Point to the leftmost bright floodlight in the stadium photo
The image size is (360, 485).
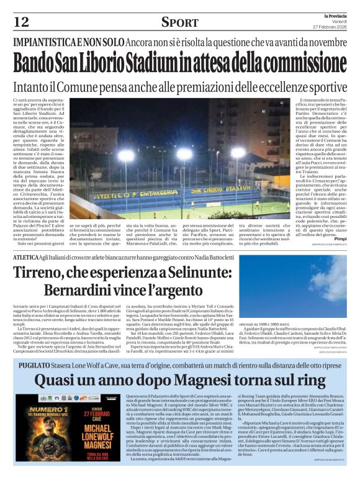click(126, 155)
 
